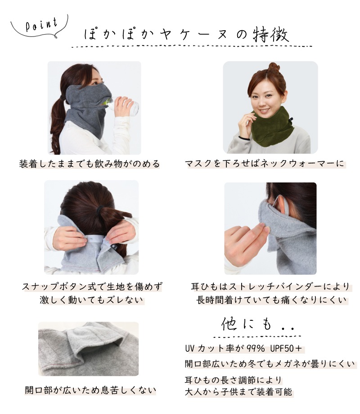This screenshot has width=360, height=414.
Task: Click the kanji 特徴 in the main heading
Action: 270,35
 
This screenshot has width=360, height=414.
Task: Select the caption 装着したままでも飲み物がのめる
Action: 90,164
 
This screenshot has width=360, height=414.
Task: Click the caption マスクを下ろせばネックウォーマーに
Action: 265,164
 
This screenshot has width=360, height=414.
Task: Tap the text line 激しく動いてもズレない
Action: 91,300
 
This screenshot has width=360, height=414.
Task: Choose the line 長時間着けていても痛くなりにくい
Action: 271,300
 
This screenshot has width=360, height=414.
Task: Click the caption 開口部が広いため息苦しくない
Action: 90,390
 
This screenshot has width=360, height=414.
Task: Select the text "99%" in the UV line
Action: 256,349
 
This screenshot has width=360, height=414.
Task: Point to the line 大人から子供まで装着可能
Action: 238,392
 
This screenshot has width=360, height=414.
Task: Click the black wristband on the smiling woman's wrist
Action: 244,138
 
